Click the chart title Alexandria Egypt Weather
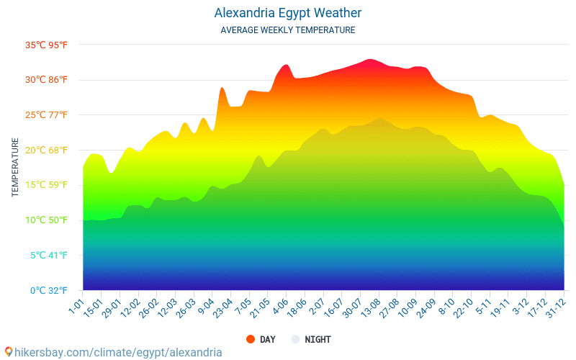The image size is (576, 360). pyautogui.click(x=288, y=13)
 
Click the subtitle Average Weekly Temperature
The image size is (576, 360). pyautogui.click(x=288, y=30)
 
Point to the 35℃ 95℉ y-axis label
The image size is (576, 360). pyautogui.click(x=47, y=45)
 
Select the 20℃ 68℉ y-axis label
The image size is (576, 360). pyautogui.click(x=47, y=150)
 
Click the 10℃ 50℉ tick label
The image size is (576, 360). pyautogui.click(x=47, y=220)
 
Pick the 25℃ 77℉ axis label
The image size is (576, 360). pyautogui.click(x=47, y=115)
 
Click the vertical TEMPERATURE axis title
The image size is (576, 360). pyautogui.click(x=15, y=167)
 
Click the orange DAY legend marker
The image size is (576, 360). pyautogui.click(x=251, y=339)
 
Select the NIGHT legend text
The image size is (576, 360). pyautogui.click(x=318, y=339)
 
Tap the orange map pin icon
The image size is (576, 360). pyautogui.click(x=8, y=351)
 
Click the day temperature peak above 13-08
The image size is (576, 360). pyautogui.click(x=369, y=60)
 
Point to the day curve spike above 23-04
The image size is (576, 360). pyautogui.click(x=222, y=88)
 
